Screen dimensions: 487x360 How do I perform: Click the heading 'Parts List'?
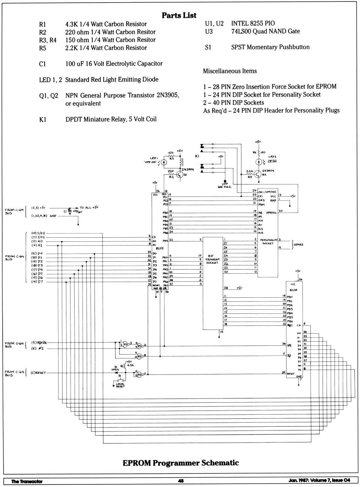point(179,15)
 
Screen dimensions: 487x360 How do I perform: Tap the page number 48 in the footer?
point(181,481)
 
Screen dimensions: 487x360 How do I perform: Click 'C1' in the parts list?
point(42,64)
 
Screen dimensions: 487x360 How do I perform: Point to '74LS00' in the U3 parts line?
point(241,31)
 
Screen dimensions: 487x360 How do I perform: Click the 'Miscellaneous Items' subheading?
point(230,71)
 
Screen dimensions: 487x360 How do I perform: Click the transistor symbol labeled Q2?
point(258,174)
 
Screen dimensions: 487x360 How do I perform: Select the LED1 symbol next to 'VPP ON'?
point(164,162)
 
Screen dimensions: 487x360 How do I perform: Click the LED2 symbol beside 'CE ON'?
point(259,162)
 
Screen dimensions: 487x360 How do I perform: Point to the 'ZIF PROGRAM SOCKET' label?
point(212,259)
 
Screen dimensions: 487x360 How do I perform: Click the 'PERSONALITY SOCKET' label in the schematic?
point(268,242)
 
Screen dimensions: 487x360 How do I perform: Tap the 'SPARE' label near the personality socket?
point(298,244)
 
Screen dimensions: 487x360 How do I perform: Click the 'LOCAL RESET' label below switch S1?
point(120,385)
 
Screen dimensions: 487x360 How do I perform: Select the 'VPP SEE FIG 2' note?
point(225,186)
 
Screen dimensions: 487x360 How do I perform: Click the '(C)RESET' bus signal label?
point(38,373)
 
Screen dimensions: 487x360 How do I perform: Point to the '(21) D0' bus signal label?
point(37,253)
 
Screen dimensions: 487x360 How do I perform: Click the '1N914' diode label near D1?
point(115,370)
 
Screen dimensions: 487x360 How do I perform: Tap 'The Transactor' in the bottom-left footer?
point(27,481)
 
